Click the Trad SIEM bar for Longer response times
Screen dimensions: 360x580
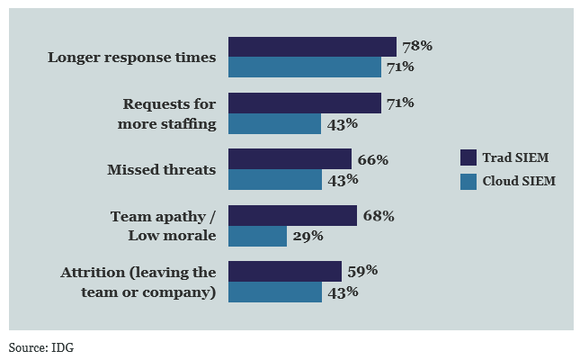coord(312,47)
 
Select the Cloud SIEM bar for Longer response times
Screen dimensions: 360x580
coord(305,67)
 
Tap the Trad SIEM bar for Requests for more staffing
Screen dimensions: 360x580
coord(305,103)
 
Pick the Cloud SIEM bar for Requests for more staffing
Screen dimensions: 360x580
coord(274,123)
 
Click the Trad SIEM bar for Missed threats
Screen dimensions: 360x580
coord(290,159)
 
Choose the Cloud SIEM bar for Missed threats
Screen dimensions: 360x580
coord(274,180)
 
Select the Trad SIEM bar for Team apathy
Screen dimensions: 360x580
coord(292,215)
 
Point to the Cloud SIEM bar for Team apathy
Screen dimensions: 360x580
coord(257,236)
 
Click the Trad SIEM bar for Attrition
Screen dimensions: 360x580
coord(285,271)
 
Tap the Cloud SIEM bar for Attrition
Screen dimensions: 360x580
coord(274,292)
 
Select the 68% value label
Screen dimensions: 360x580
coord(379,215)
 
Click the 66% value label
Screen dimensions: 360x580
coord(373,159)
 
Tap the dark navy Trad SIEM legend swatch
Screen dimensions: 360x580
coord(468,157)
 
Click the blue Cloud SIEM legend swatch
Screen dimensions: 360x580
coord(468,181)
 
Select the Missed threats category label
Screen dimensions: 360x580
coord(162,169)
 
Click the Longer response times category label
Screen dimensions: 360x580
coord(132,58)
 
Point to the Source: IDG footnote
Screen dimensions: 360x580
coord(41,346)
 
